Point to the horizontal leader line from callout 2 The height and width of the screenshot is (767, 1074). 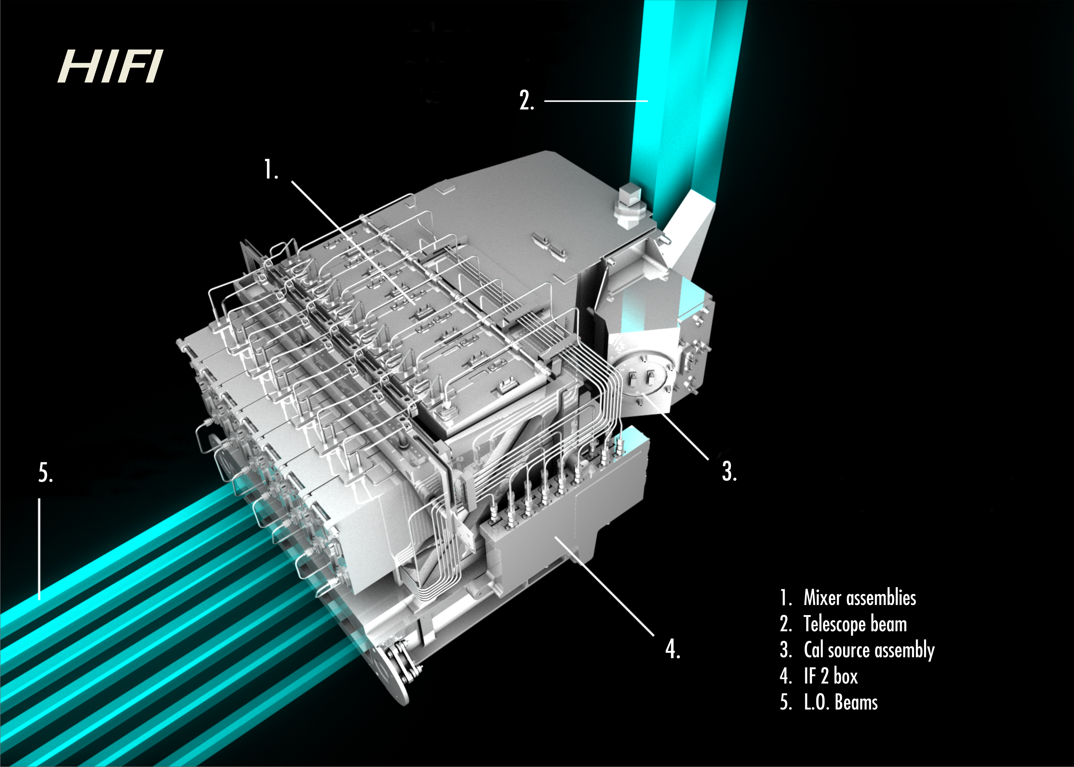596,101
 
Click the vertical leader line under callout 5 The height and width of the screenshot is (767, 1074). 39,549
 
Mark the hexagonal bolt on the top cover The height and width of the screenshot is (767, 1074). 631,206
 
